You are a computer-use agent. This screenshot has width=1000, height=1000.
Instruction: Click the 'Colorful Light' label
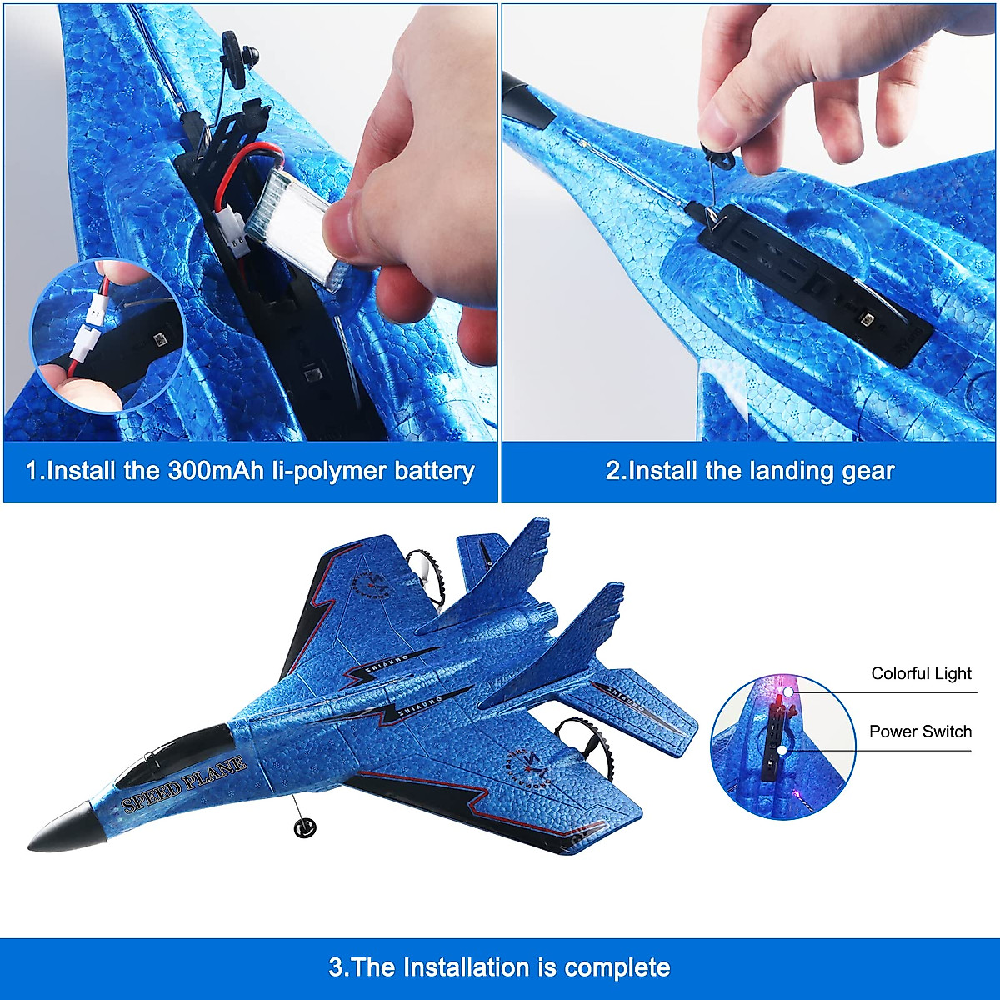[x=921, y=673]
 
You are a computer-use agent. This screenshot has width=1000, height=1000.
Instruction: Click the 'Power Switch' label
[x=920, y=732]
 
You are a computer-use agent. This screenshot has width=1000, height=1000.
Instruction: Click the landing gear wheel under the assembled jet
[x=305, y=826]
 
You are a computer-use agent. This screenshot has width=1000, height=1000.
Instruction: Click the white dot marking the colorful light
[x=787, y=692]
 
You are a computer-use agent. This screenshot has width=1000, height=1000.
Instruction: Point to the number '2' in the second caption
[x=614, y=471]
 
